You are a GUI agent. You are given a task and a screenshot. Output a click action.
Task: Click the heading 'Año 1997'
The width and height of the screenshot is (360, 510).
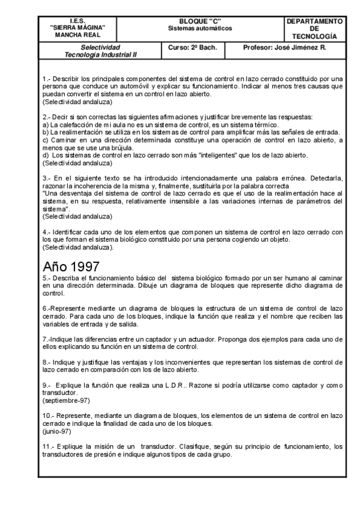[71, 266]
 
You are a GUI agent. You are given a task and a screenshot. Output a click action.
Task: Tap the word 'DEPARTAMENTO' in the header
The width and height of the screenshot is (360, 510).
[316, 21]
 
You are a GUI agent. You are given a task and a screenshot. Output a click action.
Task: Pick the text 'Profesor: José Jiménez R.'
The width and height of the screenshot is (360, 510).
[284, 47]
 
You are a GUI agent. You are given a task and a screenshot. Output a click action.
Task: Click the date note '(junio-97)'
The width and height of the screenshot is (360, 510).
[56, 431]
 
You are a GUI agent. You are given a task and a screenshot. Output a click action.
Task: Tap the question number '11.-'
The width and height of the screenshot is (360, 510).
[49, 447]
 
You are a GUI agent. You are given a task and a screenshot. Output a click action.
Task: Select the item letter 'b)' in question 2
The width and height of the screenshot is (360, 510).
[45, 131]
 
